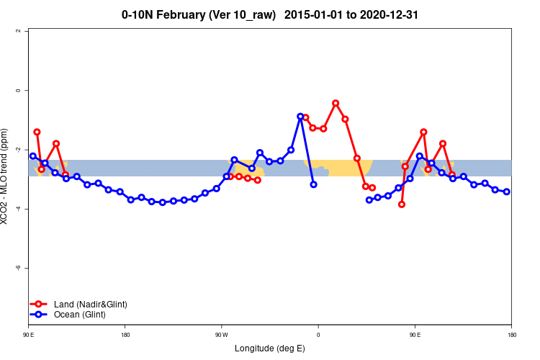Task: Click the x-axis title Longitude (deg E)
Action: click(x=270, y=348)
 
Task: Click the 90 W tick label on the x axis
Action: click(x=221, y=335)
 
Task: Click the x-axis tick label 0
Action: click(x=318, y=335)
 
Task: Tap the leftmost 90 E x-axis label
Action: click(x=29, y=335)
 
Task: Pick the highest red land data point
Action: click(x=336, y=103)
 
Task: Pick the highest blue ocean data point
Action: click(x=300, y=116)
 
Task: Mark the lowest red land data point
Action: click(x=402, y=204)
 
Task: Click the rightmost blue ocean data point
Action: click(x=507, y=192)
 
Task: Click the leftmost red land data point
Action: click(x=37, y=132)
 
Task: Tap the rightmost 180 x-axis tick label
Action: click(x=511, y=335)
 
